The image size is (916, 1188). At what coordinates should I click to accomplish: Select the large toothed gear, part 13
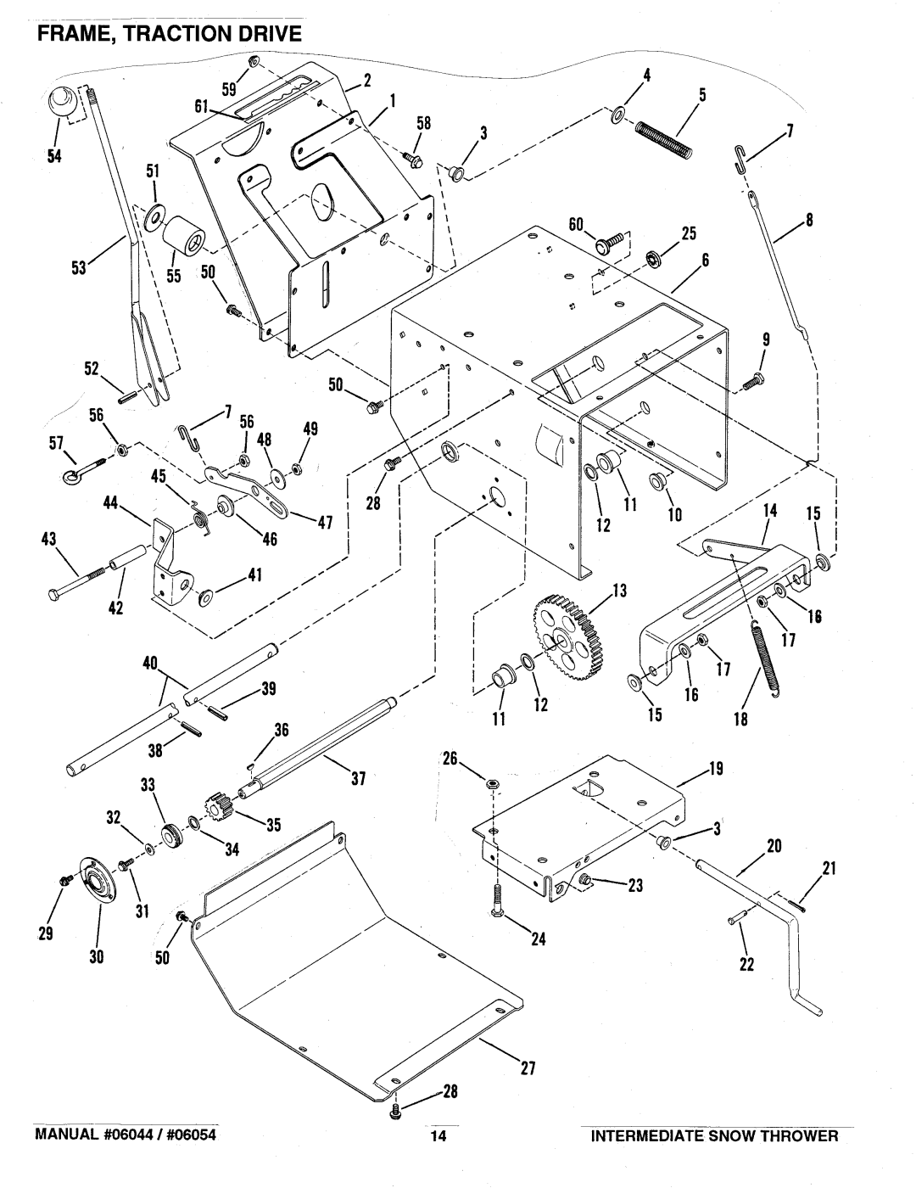coord(567,639)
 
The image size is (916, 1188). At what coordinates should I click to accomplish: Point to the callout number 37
coord(358,778)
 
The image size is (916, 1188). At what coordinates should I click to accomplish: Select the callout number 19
coord(716,769)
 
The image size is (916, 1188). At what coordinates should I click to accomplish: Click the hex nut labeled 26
coord(491,784)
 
